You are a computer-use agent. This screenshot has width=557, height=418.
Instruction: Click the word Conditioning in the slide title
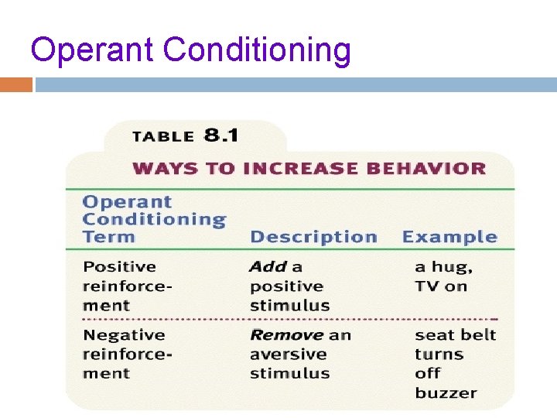(258, 50)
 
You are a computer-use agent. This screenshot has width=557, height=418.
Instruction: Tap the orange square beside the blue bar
(16, 84)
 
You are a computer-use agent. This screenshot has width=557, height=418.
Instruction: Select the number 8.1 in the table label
(221, 135)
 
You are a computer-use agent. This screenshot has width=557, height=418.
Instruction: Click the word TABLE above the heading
(163, 137)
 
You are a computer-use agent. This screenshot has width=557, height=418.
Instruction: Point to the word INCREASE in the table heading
(299, 168)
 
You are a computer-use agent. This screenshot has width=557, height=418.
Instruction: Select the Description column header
(313, 237)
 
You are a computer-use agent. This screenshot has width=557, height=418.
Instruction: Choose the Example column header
(449, 237)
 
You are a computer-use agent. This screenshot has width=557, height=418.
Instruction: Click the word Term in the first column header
(108, 237)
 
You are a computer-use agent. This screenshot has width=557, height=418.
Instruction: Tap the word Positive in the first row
(119, 267)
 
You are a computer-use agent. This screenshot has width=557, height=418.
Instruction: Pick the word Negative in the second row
(124, 335)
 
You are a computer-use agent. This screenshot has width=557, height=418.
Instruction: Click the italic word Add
(268, 267)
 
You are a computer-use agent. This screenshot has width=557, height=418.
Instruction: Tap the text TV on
(441, 286)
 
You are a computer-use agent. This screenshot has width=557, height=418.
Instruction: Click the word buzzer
(446, 392)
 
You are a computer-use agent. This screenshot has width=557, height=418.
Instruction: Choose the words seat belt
(455, 335)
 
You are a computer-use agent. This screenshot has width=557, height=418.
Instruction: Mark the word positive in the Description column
(286, 286)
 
